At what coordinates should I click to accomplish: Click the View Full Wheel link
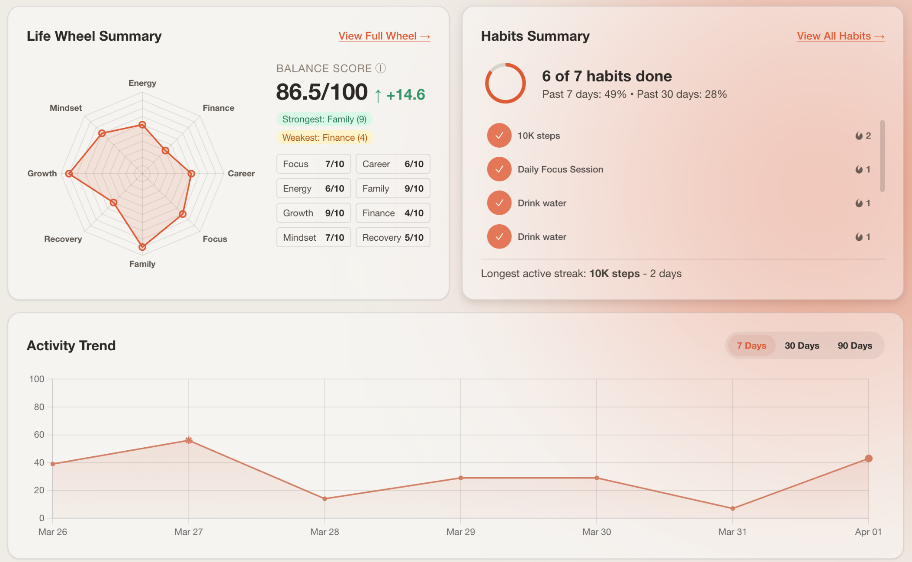(x=384, y=36)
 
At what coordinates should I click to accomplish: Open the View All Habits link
(x=840, y=36)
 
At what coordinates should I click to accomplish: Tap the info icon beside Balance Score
(x=380, y=68)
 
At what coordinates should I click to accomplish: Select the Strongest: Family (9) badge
(x=324, y=119)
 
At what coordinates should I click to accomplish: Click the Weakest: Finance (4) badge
(x=324, y=138)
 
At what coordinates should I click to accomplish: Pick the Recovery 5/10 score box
(x=393, y=237)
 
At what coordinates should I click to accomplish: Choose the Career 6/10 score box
(x=393, y=164)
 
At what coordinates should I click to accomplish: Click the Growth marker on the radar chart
(x=69, y=174)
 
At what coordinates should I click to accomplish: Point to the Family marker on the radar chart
(x=142, y=247)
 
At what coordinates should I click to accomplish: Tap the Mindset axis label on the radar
(x=66, y=108)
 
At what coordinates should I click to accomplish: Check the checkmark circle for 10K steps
(x=499, y=136)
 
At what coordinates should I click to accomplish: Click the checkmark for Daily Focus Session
(x=499, y=169)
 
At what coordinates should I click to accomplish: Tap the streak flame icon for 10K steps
(x=859, y=136)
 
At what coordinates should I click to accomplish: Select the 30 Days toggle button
(x=802, y=346)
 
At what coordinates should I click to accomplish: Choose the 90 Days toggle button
(x=854, y=346)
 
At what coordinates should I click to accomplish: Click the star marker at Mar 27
(x=189, y=440)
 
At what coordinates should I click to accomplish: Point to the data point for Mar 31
(x=732, y=508)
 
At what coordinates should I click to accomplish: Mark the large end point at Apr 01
(x=868, y=459)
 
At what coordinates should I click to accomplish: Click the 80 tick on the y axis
(x=39, y=407)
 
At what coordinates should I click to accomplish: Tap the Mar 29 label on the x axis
(x=460, y=532)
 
